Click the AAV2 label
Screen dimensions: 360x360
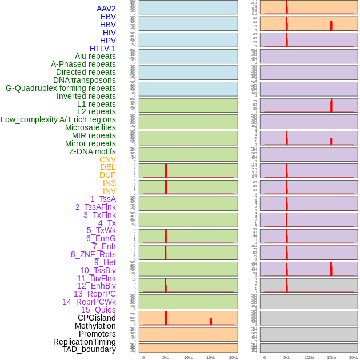(x=106, y=9)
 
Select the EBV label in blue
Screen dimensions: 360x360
(x=108, y=17)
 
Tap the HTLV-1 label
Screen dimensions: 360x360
(x=103, y=49)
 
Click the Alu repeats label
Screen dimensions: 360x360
(x=95, y=56)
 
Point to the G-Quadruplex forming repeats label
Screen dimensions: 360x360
(x=61, y=88)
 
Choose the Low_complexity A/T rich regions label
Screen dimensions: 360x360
(x=58, y=119)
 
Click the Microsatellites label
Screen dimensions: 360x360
(x=90, y=127)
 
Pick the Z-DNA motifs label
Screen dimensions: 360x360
(x=93, y=151)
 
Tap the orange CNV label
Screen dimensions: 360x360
(x=107, y=159)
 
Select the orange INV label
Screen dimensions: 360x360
(x=109, y=191)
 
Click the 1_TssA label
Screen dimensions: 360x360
(x=103, y=199)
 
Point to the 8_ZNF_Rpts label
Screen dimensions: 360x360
(x=93, y=254)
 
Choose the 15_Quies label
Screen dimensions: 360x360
(x=98, y=310)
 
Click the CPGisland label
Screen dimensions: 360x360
(x=97, y=318)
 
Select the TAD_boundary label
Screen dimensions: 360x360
(x=89, y=349)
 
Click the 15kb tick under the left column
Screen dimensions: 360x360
(x=211, y=357)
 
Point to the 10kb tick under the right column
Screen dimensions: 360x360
(x=309, y=357)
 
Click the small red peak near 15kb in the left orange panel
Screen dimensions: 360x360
(x=211, y=321)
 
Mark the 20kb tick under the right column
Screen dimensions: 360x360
(x=354, y=357)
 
